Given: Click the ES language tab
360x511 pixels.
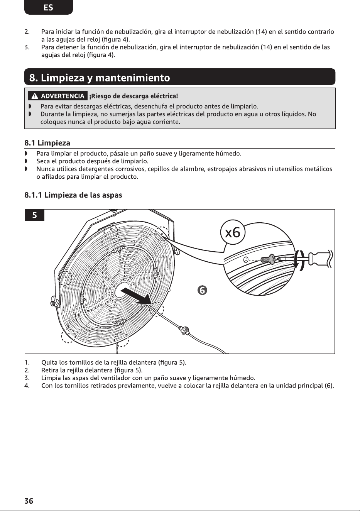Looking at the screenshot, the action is (48, 7).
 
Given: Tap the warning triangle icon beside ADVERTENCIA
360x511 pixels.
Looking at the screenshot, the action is (35, 96).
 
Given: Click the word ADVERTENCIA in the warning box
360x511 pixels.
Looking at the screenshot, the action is (63, 96).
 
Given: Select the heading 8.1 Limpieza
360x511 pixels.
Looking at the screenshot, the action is (47, 143).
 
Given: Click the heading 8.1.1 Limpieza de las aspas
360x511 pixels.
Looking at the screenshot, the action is (73, 195).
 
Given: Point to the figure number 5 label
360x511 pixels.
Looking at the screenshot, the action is (34, 215).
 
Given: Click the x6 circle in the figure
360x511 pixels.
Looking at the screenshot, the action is (233, 233).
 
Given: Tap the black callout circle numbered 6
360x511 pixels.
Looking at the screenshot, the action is (203, 290).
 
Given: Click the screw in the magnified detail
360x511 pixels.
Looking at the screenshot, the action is (269, 259).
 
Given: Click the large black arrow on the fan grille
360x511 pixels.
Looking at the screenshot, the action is (136, 296).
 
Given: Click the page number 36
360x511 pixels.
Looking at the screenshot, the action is (29, 501).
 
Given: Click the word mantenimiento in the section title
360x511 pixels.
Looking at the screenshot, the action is (133, 78).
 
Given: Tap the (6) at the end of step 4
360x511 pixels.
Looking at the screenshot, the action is (329, 386).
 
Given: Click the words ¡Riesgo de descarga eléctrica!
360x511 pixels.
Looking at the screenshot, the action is (134, 96).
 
